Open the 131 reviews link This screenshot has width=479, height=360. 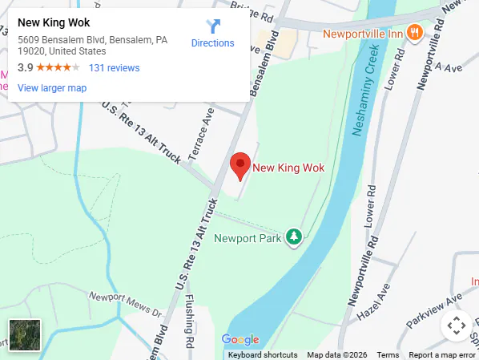[114, 68]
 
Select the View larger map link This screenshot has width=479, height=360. [52, 88]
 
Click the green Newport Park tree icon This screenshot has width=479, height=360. [295, 237]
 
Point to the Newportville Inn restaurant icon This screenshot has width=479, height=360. [414, 33]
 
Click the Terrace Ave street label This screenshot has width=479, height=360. [202, 135]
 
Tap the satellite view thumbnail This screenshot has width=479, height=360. [24, 334]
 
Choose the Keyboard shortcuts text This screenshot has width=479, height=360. [263, 355]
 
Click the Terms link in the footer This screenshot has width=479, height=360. [388, 355]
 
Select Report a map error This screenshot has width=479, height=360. [441, 355]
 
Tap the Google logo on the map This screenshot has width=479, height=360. [239, 340]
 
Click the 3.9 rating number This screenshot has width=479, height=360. [25, 68]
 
